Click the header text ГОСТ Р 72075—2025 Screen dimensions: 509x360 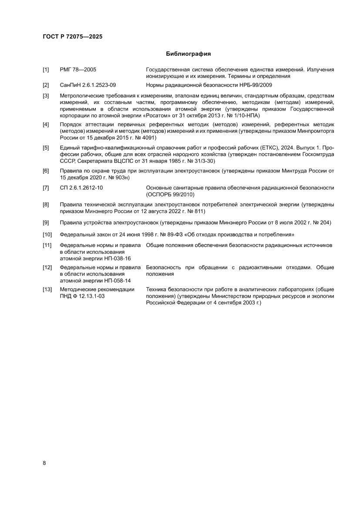click(x=73, y=37)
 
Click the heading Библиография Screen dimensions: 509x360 click(x=188, y=54)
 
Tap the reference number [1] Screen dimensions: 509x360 click(x=46, y=70)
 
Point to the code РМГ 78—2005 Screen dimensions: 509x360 click(x=78, y=70)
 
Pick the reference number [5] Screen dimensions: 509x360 click(x=46, y=148)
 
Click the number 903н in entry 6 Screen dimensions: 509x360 click(x=120, y=177)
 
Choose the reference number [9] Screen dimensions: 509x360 click(x=46, y=223)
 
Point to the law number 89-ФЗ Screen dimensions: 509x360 click(x=173, y=235)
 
